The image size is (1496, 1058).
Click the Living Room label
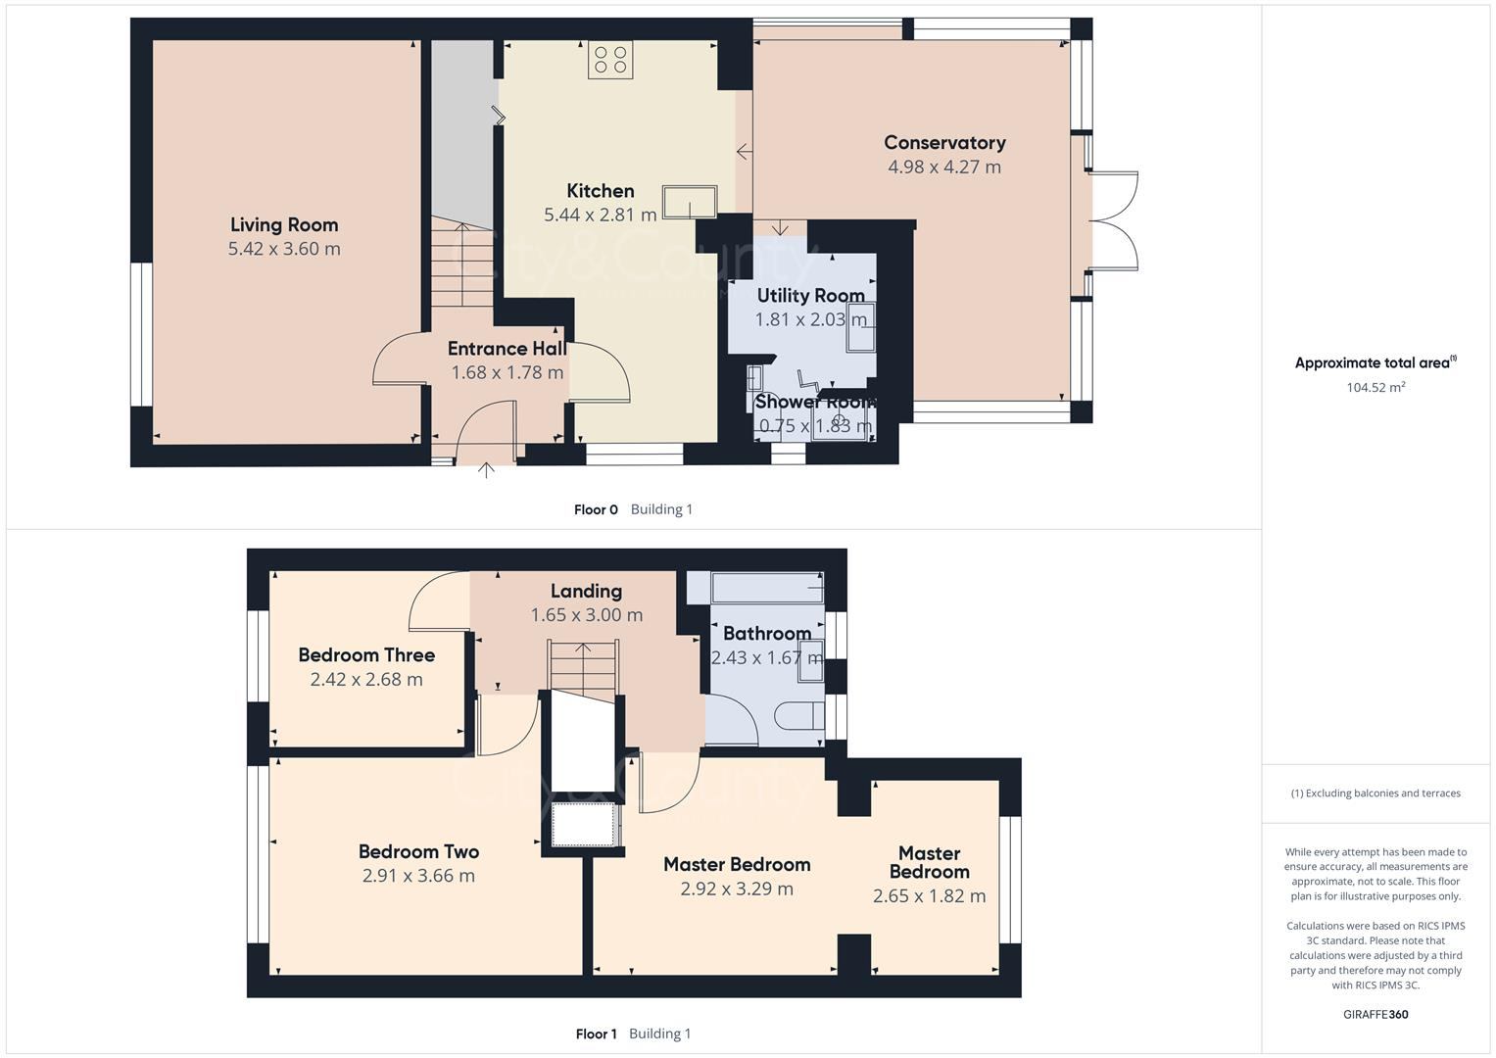(x=284, y=224)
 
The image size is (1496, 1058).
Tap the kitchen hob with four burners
(x=610, y=60)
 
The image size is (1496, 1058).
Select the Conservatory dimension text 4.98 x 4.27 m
(x=944, y=167)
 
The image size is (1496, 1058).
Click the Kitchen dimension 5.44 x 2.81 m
(x=600, y=215)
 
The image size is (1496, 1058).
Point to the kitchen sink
(x=690, y=202)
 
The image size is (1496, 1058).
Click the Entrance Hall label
(x=507, y=348)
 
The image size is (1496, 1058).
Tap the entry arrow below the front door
(x=486, y=470)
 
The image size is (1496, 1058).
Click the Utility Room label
(x=811, y=295)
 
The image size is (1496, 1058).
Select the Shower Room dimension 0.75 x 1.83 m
(x=815, y=425)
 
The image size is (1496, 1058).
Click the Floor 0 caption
(x=596, y=509)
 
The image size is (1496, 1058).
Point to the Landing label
(x=587, y=591)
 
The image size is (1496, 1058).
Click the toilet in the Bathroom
(x=799, y=715)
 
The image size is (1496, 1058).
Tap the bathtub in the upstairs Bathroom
(x=767, y=588)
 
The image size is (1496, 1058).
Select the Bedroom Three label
(x=366, y=654)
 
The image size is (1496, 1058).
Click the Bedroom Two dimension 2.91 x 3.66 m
(x=418, y=875)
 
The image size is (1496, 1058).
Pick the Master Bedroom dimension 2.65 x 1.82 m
(x=929, y=895)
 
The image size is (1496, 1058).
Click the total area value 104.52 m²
(x=1375, y=387)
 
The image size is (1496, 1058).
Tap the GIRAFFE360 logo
(x=1375, y=1014)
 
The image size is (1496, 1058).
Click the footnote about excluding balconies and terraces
(x=1375, y=793)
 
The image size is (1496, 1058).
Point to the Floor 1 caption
(x=597, y=1034)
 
